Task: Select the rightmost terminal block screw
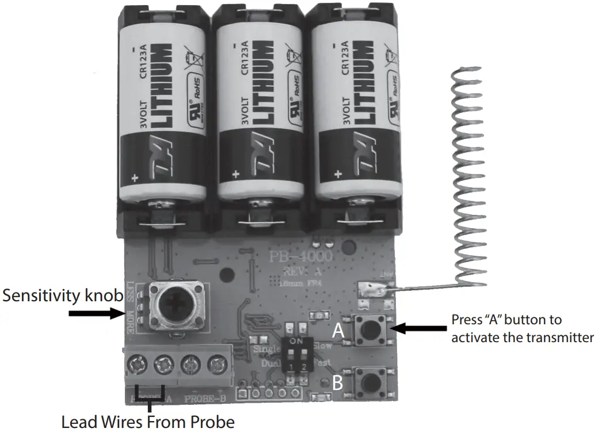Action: tap(216, 363)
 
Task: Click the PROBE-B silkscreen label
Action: tap(205, 398)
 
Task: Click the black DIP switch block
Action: tap(300, 355)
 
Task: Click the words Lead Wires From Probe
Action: tap(148, 422)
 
